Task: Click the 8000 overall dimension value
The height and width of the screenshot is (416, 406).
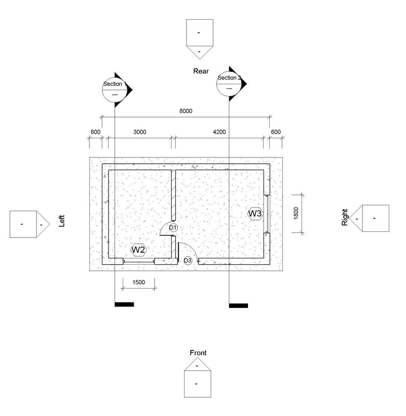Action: point(186,111)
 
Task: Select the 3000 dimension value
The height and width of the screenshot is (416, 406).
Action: point(139,132)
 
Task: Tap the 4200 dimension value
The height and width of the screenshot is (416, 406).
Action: point(219,132)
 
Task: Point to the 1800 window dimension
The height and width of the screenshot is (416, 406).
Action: point(296,213)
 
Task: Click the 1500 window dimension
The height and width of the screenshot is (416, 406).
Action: point(139,282)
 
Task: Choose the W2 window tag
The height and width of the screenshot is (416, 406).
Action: point(139,250)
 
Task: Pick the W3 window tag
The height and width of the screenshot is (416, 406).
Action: point(255,214)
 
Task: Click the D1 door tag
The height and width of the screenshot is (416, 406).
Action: point(173,228)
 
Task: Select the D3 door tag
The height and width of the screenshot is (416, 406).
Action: point(188,261)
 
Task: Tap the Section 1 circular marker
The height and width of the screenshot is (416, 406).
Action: point(114,89)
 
